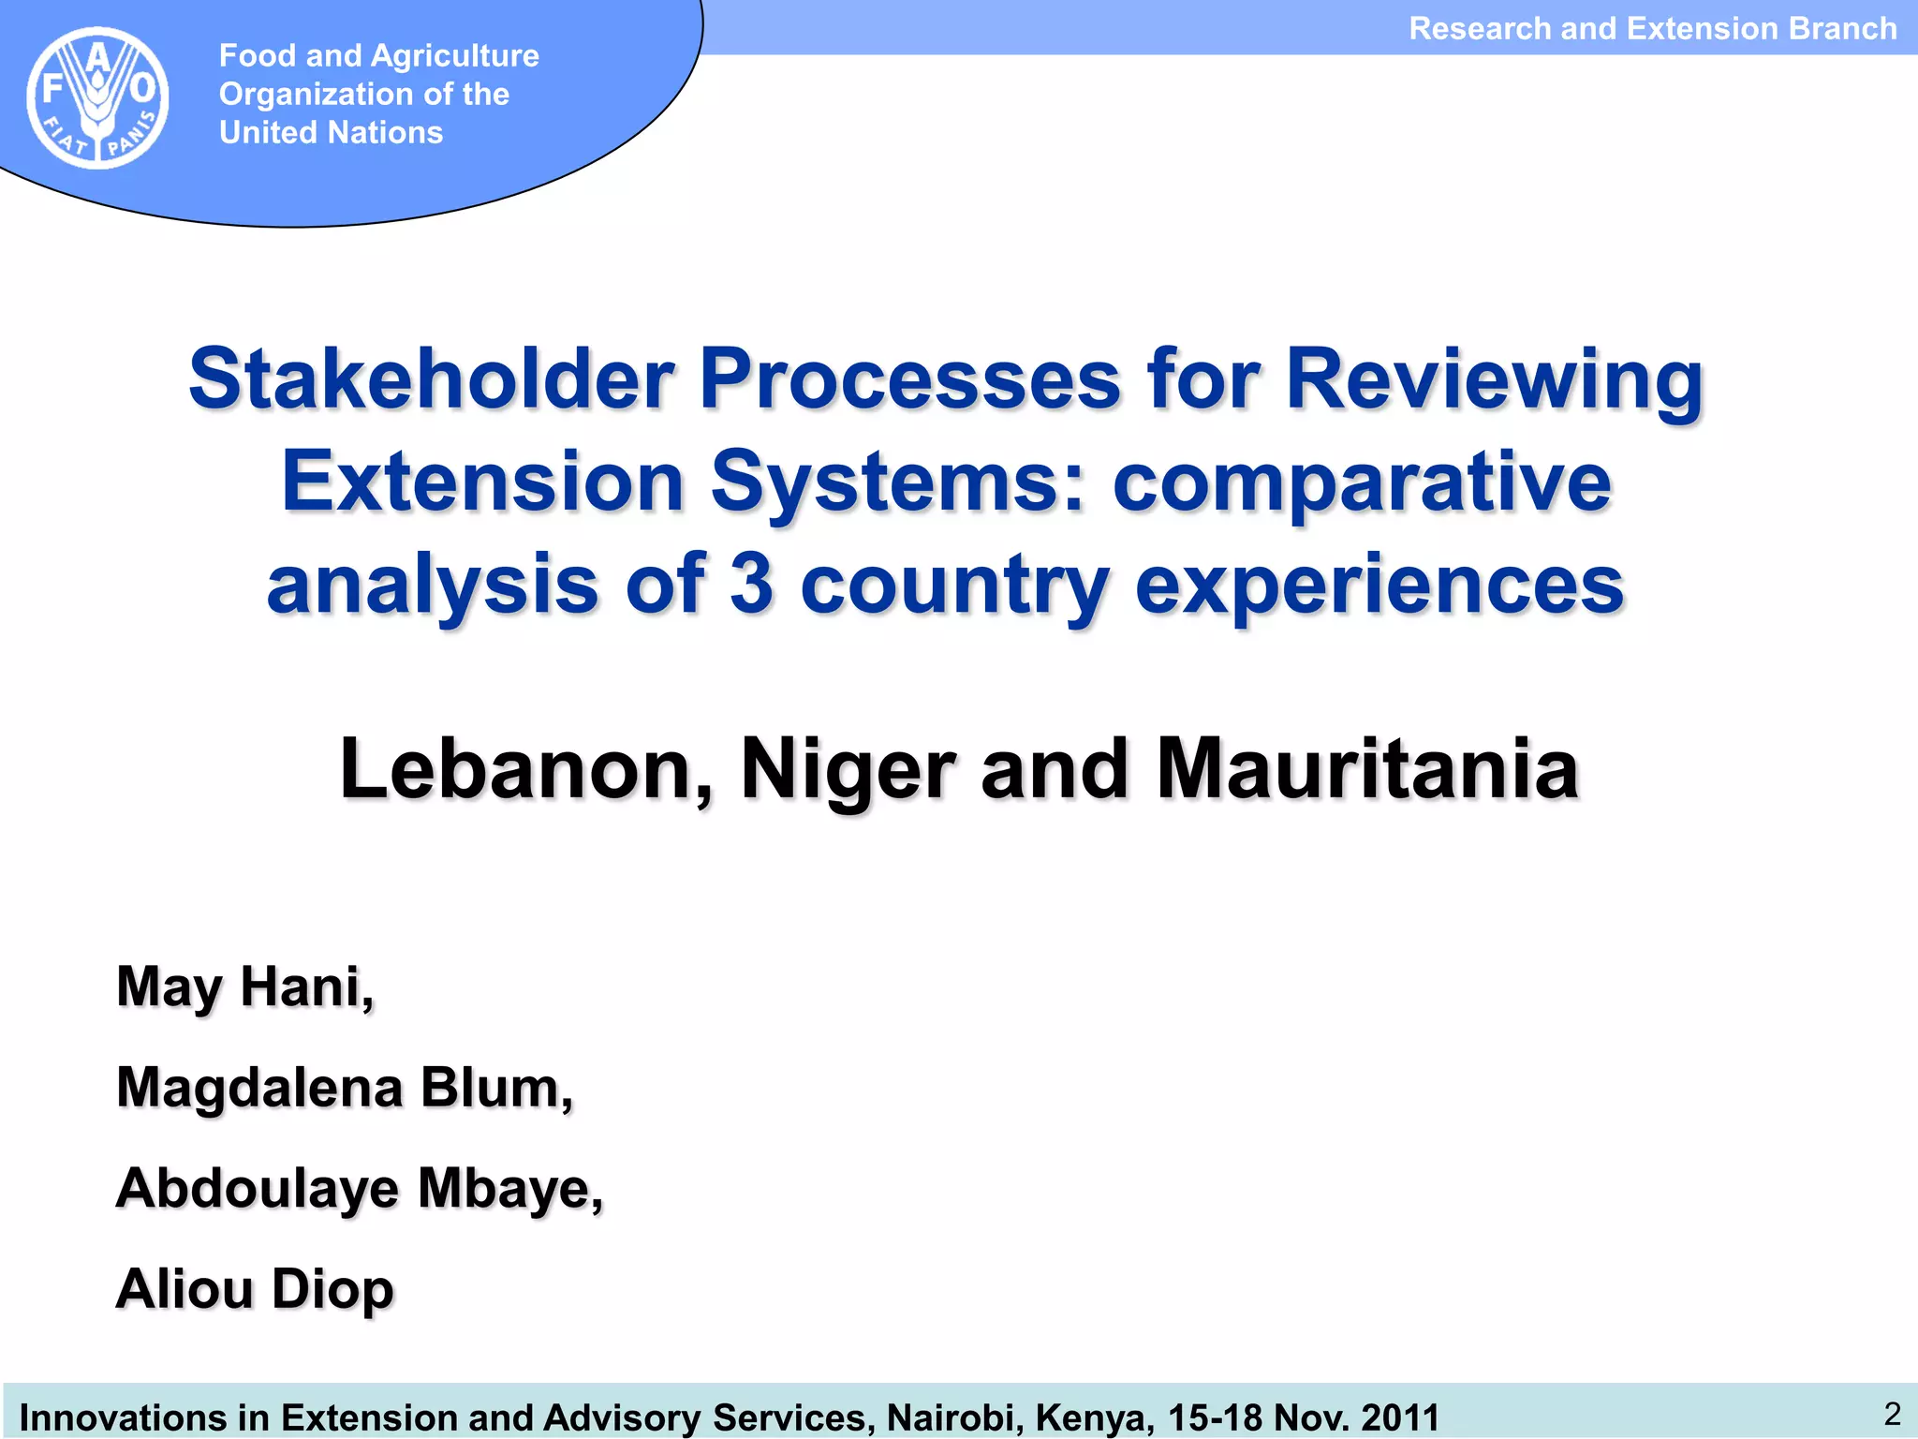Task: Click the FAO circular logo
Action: click(97, 97)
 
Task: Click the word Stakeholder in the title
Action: click(431, 379)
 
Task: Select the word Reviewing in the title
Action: click(1494, 379)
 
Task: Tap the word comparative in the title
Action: click(1363, 482)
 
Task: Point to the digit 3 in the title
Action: click(751, 584)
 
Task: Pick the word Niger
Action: click(848, 769)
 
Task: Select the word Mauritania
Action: click(1367, 769)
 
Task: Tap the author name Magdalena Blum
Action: click(344, 1089)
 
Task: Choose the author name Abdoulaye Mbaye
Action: click(359, 1189)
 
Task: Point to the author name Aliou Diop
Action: click(255, 1289)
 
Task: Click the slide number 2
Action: click(1892, 1414)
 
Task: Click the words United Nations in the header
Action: click(331, 133)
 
